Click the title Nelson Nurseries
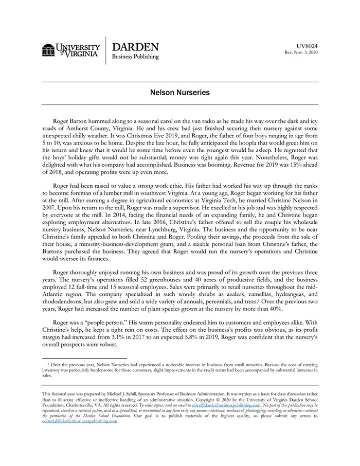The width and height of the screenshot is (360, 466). [x=179, y=94]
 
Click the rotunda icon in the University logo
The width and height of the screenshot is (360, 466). [x=48, y=50]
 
